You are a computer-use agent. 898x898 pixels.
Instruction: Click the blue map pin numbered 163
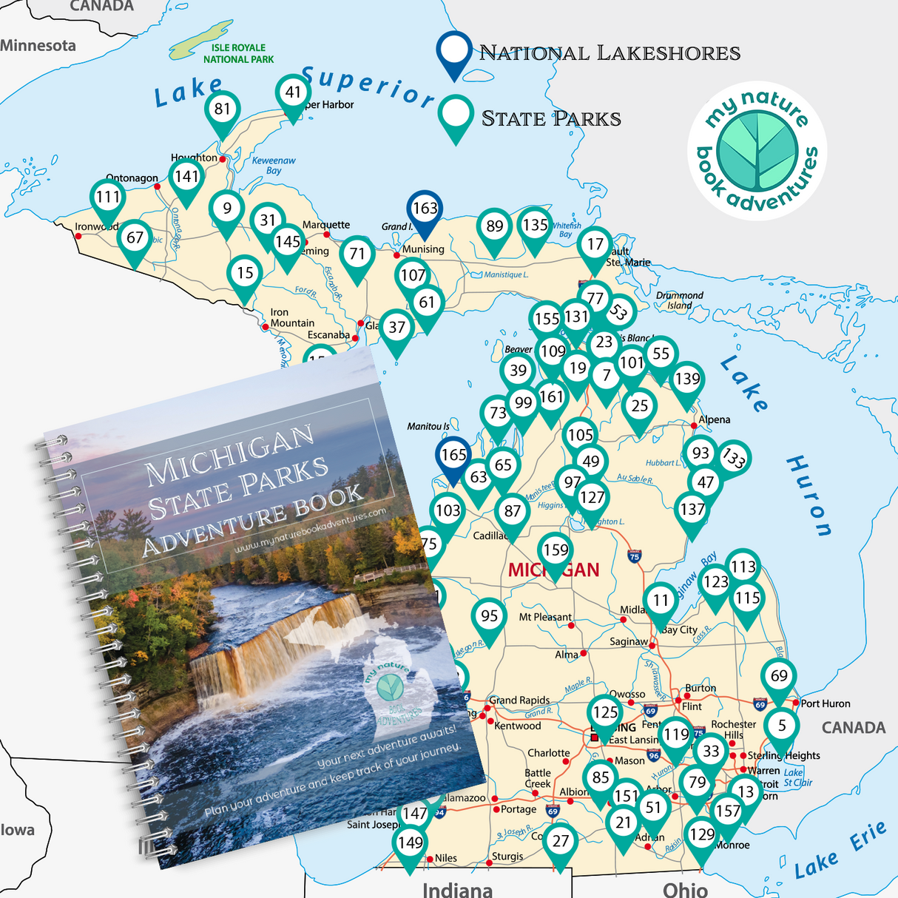coord(425,209)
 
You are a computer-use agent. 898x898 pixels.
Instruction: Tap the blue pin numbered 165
coord(453,456)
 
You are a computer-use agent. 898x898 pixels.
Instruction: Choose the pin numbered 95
coord(489,617)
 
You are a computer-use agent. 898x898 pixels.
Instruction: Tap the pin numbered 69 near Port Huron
coord(779,677)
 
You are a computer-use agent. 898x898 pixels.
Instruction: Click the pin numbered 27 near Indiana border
coord(561,842)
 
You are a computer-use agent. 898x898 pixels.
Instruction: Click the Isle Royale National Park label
coord(237,53)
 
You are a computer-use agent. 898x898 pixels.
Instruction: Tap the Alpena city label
coord(715,419)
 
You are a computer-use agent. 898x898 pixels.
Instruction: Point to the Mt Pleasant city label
coord(545,617)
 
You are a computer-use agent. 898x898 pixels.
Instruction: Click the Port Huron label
coord(826,703)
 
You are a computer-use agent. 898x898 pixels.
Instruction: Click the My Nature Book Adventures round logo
coord(757,151)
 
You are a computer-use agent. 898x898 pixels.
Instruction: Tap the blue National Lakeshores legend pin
coord(453,52)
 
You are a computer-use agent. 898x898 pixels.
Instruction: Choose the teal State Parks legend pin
coord(456,115)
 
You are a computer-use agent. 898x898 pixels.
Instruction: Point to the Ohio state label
coord(685,888)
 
